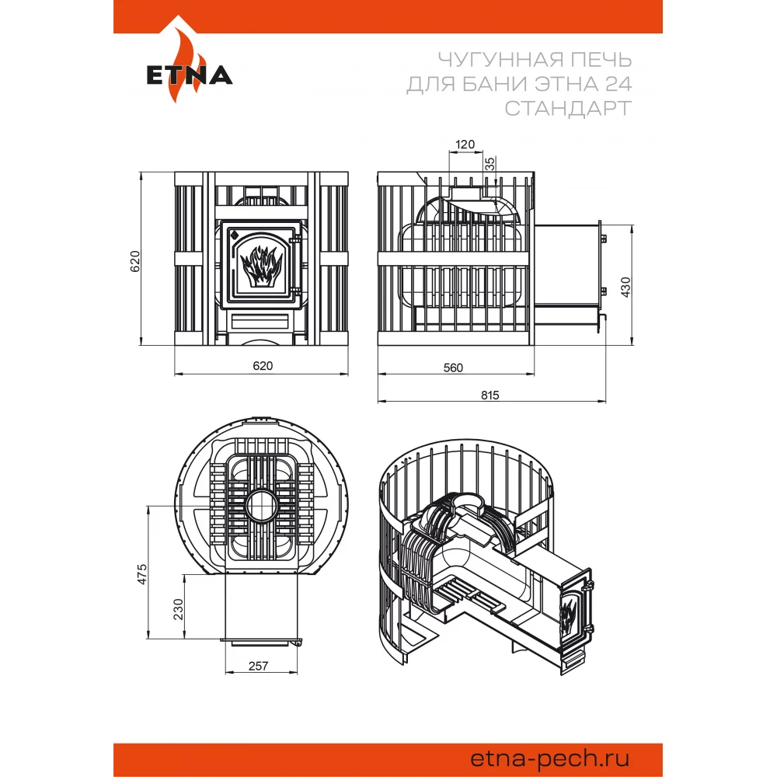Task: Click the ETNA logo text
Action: pyautogui.click(x=190, y=75)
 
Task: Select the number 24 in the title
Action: pyautogui.click(x=618, y=84)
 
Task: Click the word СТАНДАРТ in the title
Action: pyautogui.click(x=569, y=108)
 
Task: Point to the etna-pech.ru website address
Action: pyautogui.click(x=550, y=758)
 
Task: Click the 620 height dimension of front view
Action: pyautogui.click(x=134, y=261)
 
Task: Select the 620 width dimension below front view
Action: pyautogui.click(x=263, y=366)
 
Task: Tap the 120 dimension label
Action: pyautogui.click(x=465, y=145)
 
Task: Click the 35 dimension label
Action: pyautogui.click(x=490, y=163)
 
